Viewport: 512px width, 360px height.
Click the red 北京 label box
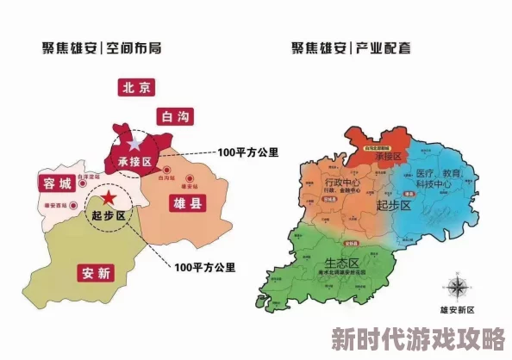click(x=137, y=87)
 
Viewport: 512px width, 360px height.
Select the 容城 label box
click(x=54, y=183)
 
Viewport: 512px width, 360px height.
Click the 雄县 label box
click(x=179, y=203)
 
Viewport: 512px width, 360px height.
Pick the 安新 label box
click(x=96, y=274)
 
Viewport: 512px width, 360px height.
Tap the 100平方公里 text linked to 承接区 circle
click(x=248, y=152)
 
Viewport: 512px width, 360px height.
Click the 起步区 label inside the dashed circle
click(x=109, y=215)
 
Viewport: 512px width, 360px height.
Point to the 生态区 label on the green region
click(x=343, y=263)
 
